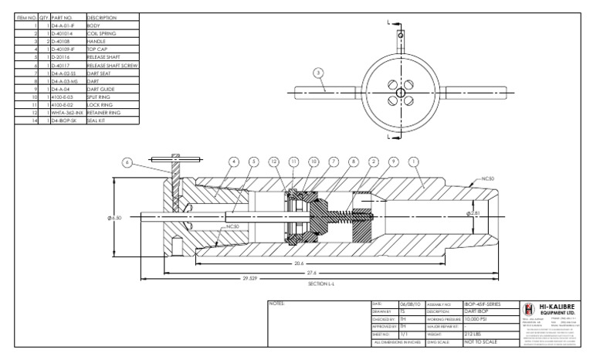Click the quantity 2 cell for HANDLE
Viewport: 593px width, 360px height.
(x=45, y=41)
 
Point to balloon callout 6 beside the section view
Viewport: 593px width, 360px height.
(x=128, y=162)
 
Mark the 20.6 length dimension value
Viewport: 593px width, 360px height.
(x=302, y=262)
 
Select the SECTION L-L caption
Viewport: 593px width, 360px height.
(x=319, y=284)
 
